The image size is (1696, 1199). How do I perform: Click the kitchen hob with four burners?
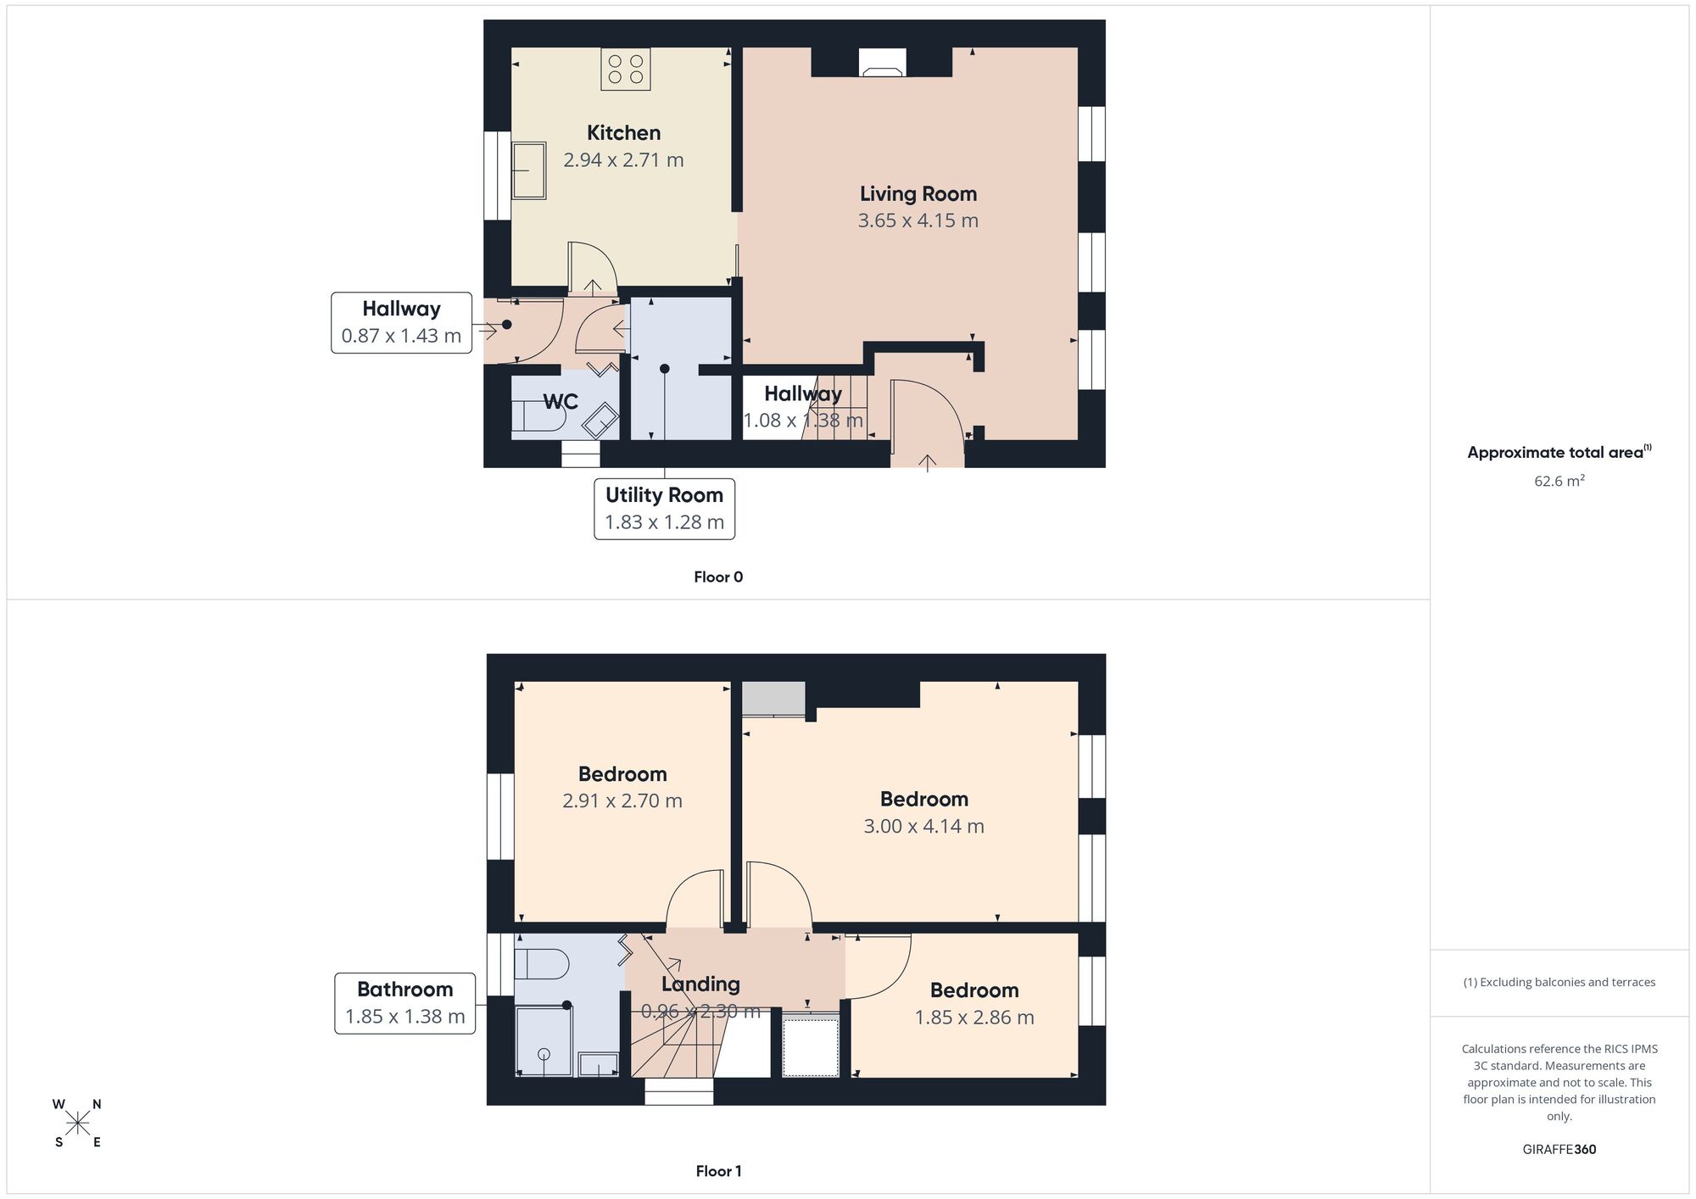point(626,70)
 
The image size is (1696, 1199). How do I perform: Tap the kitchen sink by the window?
point(528,170)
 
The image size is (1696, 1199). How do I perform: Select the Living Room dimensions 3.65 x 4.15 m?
point(918,221)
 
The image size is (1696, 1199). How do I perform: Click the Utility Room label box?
point(664,509)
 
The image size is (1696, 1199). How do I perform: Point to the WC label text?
point(561,401)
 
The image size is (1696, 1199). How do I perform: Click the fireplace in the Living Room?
point(882,63)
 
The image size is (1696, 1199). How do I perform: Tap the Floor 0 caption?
point(718,577)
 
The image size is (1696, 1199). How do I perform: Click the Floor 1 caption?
point(718,1171)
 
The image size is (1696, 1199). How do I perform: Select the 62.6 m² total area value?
point(1559,481)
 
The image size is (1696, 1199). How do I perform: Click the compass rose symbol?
point(78,1124)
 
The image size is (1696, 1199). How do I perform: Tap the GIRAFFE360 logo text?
point(1559,1150)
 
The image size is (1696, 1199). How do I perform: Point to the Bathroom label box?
point(404,1003)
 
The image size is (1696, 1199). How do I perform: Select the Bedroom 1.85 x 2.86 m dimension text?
point(974,1018)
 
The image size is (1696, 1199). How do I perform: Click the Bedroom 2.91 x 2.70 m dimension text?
point(622,801)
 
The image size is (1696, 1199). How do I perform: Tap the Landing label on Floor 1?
point(700,984)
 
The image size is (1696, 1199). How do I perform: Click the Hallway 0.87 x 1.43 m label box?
point(401,323)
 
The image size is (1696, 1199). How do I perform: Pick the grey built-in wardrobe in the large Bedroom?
point(773,699)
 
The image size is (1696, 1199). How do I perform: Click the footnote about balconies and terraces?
point(1559,983)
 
